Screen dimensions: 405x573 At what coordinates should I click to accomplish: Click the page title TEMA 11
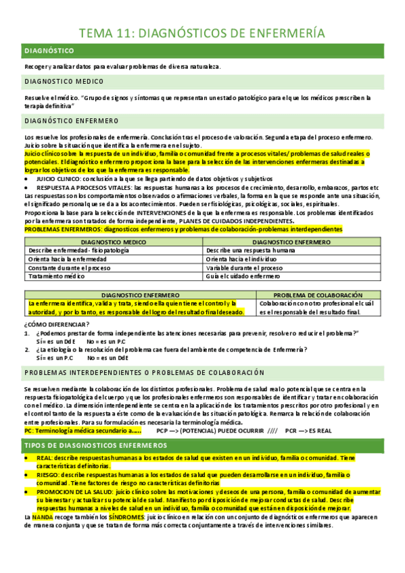pos(201,33)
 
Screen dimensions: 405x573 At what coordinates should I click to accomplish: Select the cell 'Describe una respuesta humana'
pos(249,250)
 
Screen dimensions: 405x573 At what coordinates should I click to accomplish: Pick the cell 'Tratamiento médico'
pos(57,276)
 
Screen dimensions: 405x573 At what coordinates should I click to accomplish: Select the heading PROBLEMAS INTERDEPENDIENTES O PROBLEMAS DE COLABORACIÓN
pos(143,373)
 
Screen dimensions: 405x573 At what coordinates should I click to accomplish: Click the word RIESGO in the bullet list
pos(46,475)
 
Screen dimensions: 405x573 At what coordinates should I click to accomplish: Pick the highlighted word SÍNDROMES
pos(109,516)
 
